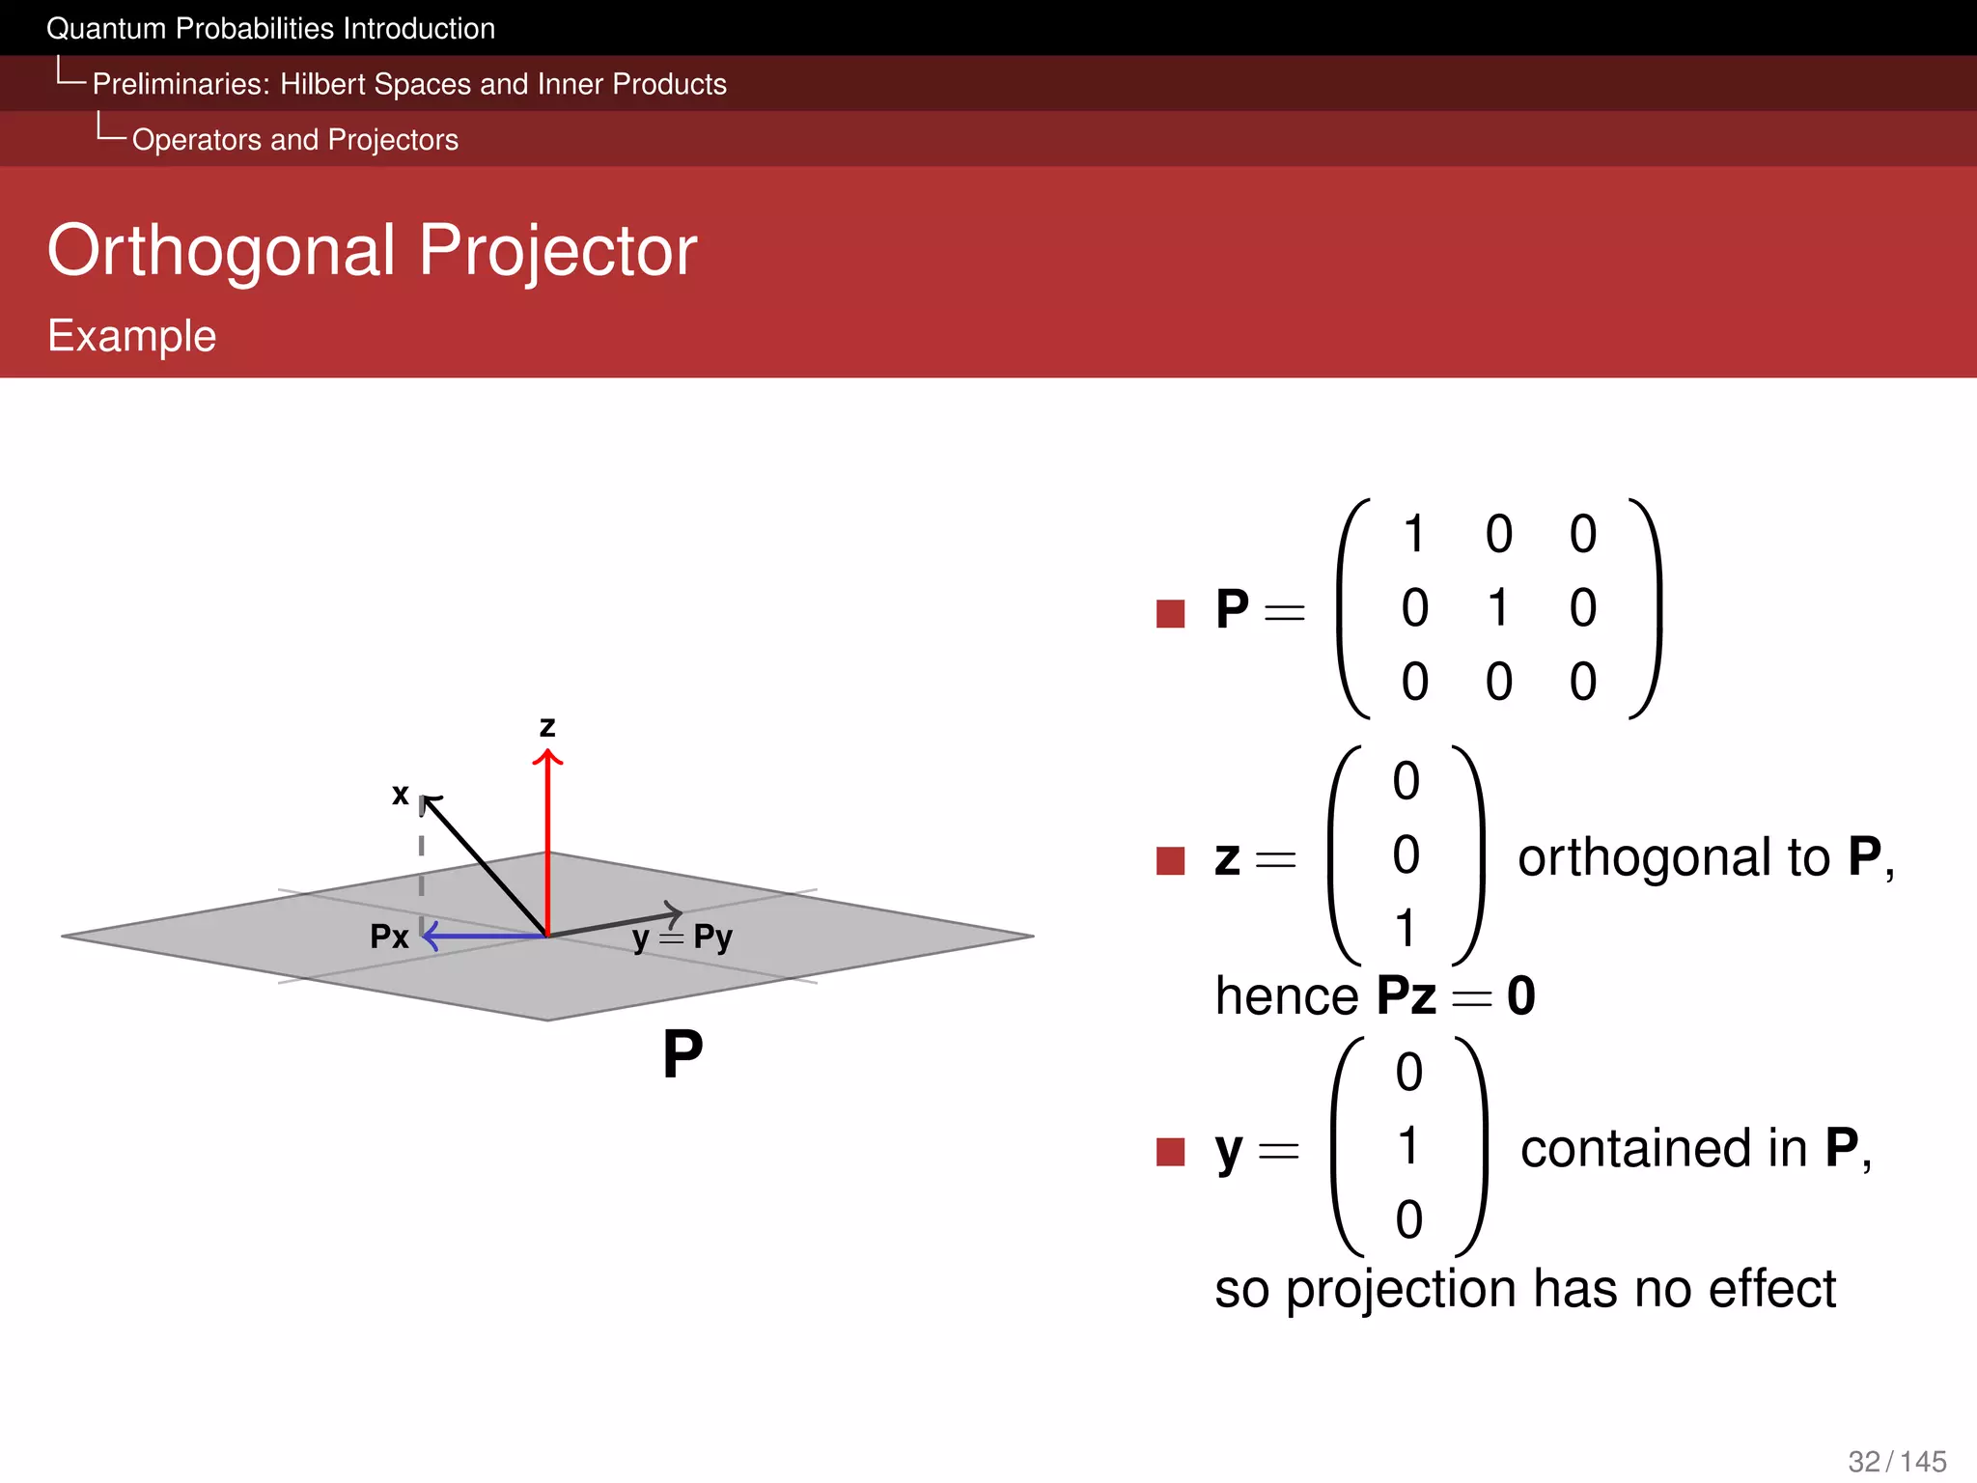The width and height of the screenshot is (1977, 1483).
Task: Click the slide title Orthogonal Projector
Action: point(372,251)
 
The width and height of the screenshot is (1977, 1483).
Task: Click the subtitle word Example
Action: point(132,336)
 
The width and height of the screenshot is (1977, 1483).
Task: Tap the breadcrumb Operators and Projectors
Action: point(294,140)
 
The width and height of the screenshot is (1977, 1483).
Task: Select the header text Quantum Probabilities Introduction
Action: point(270,29)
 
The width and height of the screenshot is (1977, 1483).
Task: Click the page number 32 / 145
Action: point(1897,1461)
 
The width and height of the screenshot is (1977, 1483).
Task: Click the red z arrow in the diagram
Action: point(547,840)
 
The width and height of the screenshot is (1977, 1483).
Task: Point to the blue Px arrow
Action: point(483,935)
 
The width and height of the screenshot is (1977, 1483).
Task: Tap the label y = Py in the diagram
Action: point(682,937)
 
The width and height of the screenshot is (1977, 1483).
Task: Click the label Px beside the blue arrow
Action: point(389,937)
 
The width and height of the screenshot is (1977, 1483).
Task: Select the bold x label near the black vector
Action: point(400,795)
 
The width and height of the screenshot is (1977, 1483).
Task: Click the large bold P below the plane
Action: point(682,1054)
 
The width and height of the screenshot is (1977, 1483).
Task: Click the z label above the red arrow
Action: point(547,726)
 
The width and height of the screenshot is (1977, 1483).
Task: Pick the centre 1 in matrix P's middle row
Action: point(1498,608)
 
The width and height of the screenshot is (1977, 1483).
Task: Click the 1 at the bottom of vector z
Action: point(1406,929)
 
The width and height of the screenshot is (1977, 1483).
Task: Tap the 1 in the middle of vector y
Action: point(1408,1147)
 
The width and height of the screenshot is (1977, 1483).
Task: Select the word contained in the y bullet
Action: point(1663,1149)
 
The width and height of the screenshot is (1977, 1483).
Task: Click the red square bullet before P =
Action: point(1170,613)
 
